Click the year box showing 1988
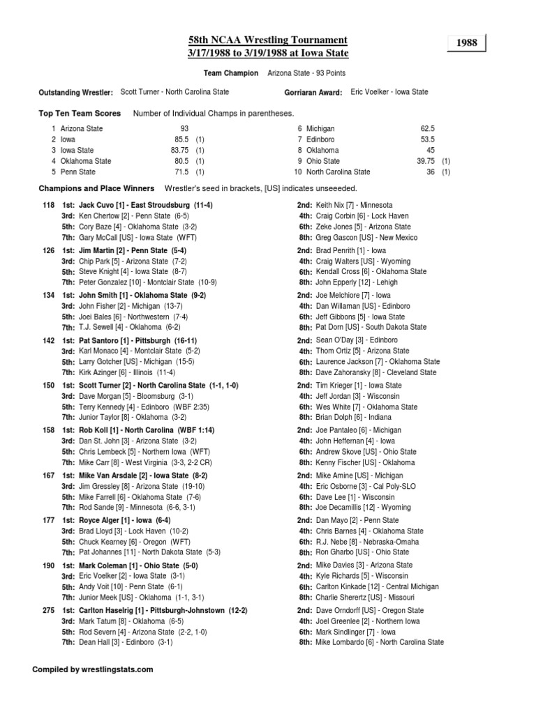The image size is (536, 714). click(x=467, y=43)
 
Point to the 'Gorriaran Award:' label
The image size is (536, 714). click(x=313, y=92)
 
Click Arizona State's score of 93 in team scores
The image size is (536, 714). click(x=184, y=129)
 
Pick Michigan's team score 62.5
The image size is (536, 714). click(x=428, y=129)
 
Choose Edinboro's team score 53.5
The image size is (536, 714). click(x=428, y=139)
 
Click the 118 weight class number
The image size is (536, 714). click(x=48, y=205)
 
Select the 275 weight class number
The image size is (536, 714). click(x=48, y=610)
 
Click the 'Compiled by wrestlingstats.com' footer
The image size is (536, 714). click(x=93, y=669)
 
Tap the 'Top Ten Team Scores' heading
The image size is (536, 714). click(x=80, y=113)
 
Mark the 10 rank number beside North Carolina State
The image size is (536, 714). click(x=297, y=172)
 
